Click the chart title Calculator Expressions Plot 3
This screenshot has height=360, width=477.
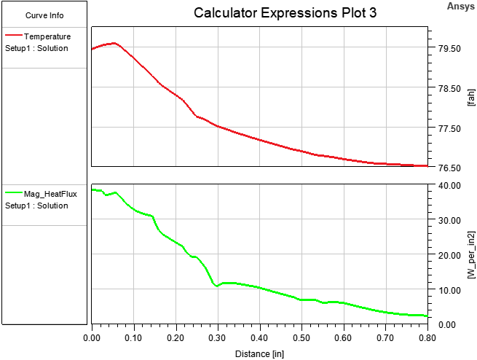click(285, 14)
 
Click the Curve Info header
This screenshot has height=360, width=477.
click(44, 15)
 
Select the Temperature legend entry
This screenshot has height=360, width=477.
click(47, 36)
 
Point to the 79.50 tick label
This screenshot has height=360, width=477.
click(446, 49)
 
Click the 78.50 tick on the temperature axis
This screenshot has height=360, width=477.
click(446, 89)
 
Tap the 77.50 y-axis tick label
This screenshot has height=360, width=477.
click(446, 128)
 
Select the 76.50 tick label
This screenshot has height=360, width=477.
click(446, 168)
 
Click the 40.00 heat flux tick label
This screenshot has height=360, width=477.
click(446, 185)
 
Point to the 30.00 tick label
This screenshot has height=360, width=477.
click(446, 220)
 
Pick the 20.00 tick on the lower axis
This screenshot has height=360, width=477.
click(446, 255)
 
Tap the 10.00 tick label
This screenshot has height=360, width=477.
click(446, 290)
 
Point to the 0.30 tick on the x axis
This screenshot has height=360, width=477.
click(218, 339)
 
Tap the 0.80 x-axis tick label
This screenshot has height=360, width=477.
click(427, 339)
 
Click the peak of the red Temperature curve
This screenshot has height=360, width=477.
click(114, 43)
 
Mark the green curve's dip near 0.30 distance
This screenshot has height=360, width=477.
click(217, 286)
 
